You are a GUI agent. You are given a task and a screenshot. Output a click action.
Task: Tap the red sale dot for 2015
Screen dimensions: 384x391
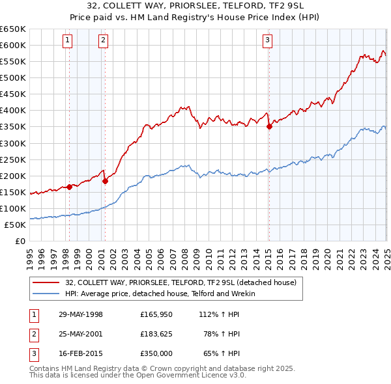[269, 126]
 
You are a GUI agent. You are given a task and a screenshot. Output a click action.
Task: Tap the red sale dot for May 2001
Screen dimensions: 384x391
[105, 181]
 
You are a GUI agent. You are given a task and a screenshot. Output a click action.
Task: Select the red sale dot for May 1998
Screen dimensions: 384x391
[70, 187]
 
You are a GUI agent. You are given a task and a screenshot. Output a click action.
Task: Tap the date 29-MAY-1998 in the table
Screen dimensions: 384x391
[81, 314]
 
